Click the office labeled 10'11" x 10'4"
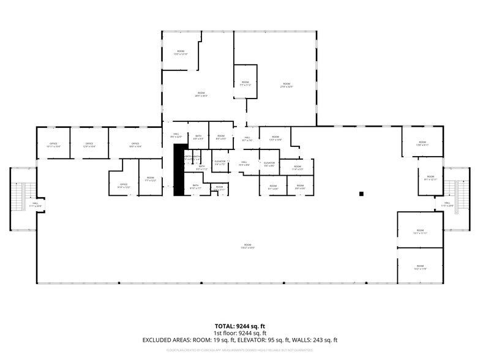pos(53,145)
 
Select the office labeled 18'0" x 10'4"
pos(135,145)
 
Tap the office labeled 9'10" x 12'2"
pos(123,185)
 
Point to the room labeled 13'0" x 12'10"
pos(181,53)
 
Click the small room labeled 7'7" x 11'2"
pos(245,83)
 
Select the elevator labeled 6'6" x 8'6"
pos(269,163)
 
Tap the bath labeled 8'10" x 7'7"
pos(195,186)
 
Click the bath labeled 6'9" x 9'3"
pos(198,138)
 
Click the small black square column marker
pos(362,194)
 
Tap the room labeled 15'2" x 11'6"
pos(420,267)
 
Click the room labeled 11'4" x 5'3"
pos(298,167)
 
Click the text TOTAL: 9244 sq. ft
pos(239,326)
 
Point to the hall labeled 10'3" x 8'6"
pos(245,163)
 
